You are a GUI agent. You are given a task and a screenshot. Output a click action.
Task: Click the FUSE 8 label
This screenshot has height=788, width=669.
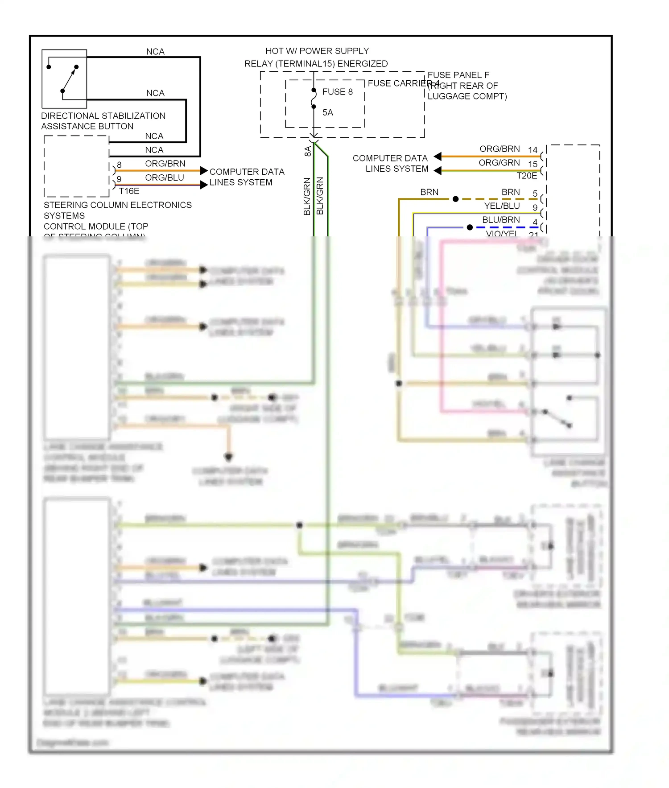click(337, 92)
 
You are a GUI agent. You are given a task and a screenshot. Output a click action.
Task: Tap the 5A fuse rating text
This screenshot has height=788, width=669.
click(328, 112)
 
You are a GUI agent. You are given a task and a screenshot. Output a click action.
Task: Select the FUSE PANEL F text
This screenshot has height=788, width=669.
click(458, 75)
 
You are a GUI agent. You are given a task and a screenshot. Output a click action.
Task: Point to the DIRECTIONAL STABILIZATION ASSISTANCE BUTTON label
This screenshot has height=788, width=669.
click(103, 121)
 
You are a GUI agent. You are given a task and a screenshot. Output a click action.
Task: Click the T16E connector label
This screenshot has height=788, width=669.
click(129, 191)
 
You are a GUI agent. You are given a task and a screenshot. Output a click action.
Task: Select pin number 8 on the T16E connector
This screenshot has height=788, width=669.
click(119, 165)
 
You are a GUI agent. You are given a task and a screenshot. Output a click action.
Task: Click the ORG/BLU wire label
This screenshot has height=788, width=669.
click(164, 177)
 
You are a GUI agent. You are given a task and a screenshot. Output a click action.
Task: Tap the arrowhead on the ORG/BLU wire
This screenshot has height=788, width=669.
click(204, 184)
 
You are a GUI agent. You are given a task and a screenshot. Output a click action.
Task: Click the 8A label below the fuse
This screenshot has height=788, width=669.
click(308, 151)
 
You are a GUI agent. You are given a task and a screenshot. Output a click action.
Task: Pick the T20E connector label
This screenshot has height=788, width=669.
click(527, 176)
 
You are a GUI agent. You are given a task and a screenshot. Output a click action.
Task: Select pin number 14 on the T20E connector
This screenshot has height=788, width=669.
click(533, 150)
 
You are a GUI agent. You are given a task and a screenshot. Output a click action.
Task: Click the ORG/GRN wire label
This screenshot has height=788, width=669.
click(499, 163)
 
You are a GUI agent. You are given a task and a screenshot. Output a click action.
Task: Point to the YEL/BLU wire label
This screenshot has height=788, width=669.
click(502, 206)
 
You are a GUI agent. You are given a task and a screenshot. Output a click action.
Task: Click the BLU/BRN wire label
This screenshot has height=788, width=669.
click(501, 220)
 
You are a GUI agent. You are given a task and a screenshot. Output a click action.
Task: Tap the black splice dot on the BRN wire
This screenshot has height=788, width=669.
click(455, 199)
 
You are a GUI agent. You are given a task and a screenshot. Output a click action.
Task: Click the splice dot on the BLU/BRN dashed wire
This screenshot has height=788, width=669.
click(470, 227)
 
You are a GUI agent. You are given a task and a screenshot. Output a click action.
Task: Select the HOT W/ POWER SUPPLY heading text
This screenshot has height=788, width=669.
click(317, 51)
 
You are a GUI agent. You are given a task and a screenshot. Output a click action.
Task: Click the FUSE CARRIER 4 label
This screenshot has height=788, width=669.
click(403, 83)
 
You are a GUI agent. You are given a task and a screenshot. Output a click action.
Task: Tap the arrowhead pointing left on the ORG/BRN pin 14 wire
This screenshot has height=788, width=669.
click(438, 157)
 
